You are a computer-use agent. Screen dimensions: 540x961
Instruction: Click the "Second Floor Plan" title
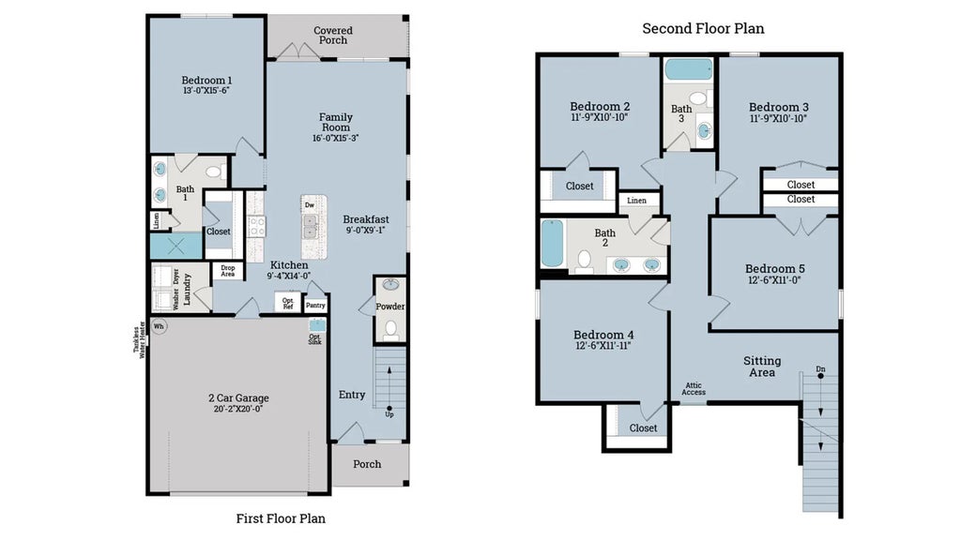point(703,28)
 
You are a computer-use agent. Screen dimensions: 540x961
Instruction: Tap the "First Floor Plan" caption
point(281,517)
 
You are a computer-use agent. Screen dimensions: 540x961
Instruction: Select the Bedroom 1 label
point(206,81)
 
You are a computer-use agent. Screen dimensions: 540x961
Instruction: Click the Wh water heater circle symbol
point(159,327)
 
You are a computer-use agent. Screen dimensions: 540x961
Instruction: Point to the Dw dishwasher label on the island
point(309,203)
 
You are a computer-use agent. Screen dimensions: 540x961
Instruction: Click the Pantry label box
point(315,305)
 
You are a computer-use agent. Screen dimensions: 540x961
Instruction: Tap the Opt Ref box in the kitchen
point(288,302)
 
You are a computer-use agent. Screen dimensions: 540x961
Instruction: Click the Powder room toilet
point(391,328)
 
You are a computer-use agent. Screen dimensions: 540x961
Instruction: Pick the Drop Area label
point(228,271)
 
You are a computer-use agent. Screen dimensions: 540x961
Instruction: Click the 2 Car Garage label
point(238,397)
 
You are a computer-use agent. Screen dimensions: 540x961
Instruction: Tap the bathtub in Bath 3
point(688,69)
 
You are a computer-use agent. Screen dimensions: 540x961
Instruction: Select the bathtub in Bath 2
point(552,243)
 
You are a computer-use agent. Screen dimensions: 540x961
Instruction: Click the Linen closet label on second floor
point(637,201)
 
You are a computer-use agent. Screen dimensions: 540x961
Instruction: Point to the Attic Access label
point(694,388)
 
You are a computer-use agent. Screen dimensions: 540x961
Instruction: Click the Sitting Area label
point(761,367)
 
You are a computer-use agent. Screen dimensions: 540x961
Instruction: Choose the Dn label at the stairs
point(820,368)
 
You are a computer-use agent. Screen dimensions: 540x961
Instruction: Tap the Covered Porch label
point(332,36)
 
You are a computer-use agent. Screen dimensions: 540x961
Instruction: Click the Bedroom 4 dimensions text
point(603,346)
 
